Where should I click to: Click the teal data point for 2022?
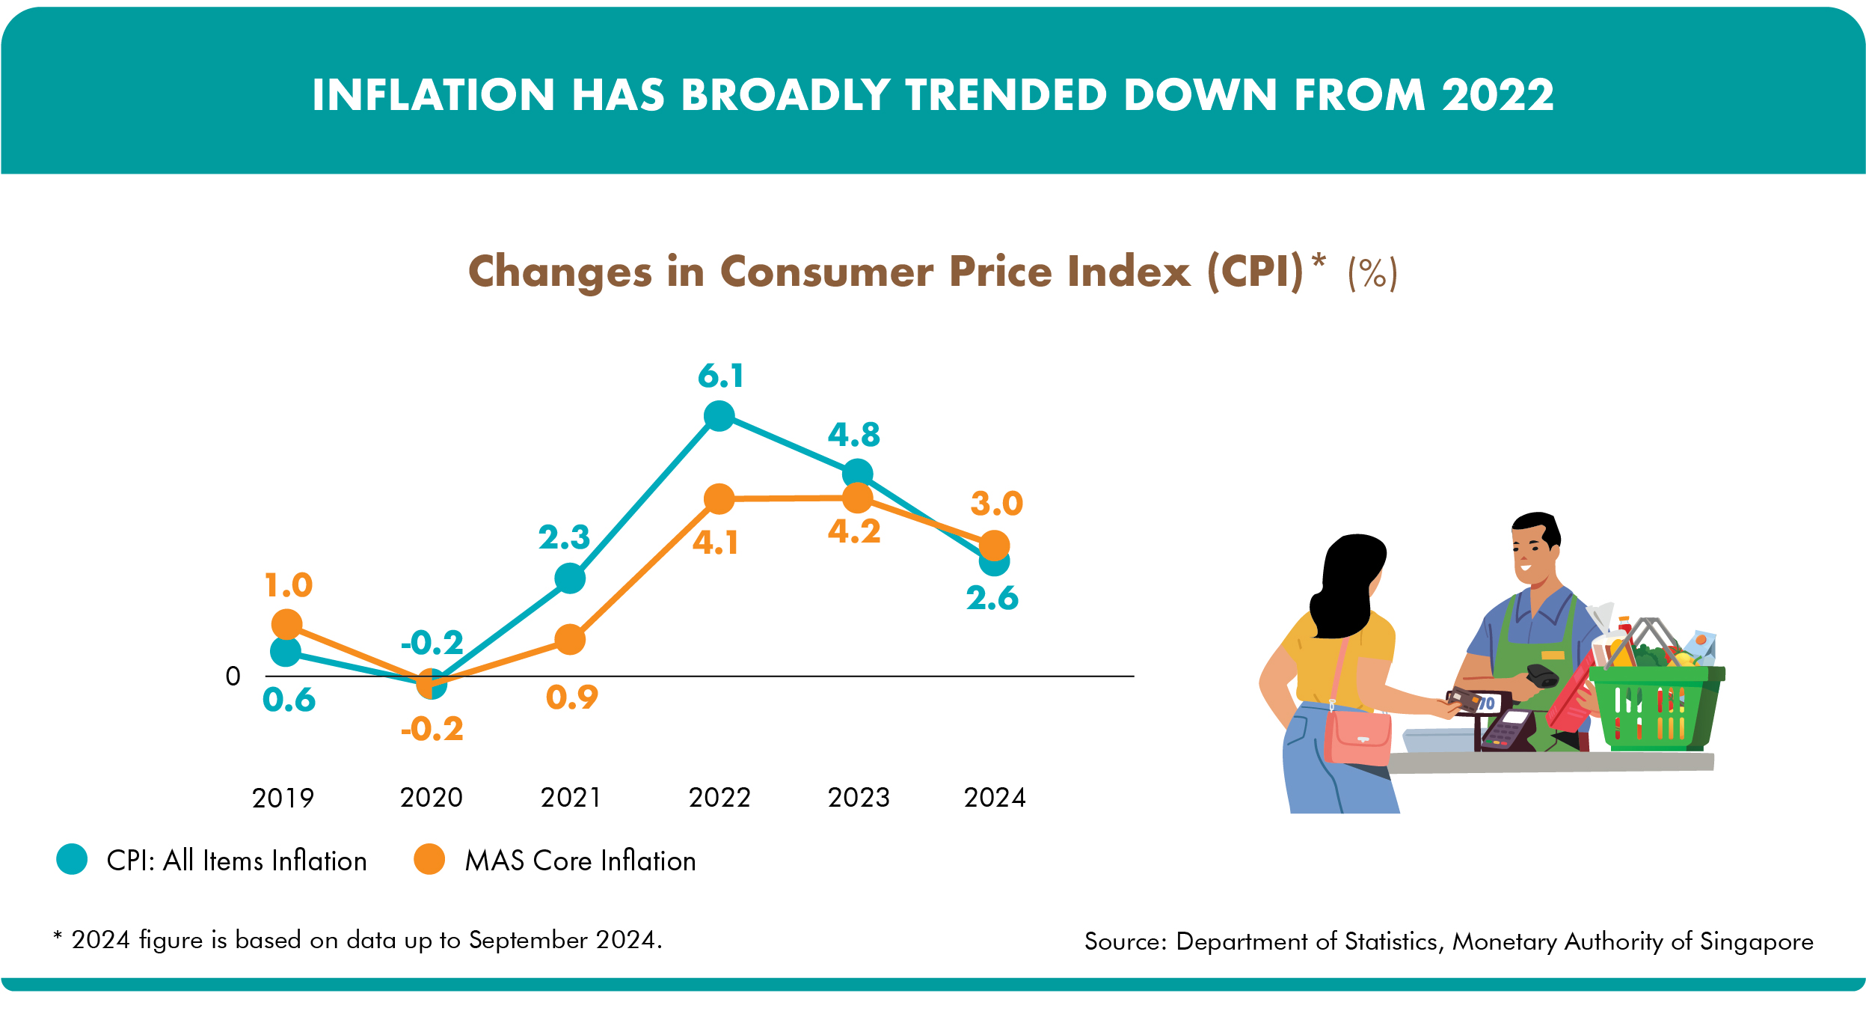point(719,415)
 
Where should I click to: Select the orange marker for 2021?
point(570,639)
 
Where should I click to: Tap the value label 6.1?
point(720,376)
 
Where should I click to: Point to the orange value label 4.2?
point(854,531)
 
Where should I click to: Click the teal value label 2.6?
point(992,598)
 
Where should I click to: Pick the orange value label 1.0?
point(288,584)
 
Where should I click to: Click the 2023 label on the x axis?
point(858,798)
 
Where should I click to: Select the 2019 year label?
point(283,798)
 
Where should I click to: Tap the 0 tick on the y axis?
point(233,677)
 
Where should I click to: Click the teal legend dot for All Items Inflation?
point(72,859)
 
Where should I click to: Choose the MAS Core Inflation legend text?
point(580,861)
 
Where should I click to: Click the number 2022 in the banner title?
point(1497,95)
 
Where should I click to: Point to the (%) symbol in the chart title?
point(1372,273)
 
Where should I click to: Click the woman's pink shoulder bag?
point(1357,737)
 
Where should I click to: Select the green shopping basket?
point(1656,707)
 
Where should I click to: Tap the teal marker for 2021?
point(570,578)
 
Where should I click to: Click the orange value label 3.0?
point(996,504)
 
